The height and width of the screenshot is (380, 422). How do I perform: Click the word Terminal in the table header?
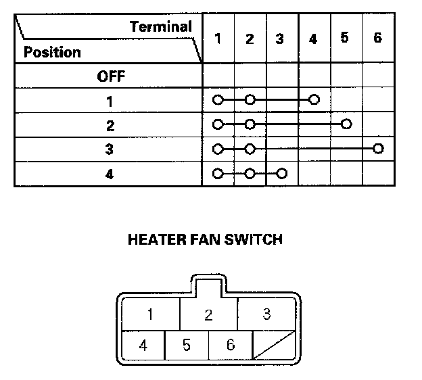[161, 27]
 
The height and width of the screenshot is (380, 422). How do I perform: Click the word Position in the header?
[52, 52]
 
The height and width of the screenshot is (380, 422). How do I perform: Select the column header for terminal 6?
[377, 38]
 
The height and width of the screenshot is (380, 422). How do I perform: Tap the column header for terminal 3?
[280, 39]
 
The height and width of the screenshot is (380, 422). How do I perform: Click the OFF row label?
[110, 76]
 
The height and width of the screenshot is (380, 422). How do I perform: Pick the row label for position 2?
[110, 125]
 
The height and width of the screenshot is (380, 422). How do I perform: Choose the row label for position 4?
[110, 174]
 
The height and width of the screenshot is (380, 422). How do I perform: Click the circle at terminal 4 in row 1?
[314, 100]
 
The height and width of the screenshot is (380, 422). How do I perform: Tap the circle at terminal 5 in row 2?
[346, 124]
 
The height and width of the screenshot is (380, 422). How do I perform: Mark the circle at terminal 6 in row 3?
[378, 148]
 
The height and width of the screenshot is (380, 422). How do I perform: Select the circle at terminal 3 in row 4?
[282, 173]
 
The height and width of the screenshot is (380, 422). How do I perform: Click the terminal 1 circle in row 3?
[217, 148]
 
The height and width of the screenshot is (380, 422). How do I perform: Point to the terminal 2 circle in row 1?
[250, 100]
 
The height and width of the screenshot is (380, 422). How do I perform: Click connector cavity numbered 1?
[150, 314]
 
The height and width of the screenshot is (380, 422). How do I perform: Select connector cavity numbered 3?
[266, 314]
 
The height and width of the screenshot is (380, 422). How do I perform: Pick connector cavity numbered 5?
[187, 346]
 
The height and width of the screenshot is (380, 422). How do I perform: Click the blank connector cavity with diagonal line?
[275, 346]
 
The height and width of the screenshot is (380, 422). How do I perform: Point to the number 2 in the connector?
[209, 314]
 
